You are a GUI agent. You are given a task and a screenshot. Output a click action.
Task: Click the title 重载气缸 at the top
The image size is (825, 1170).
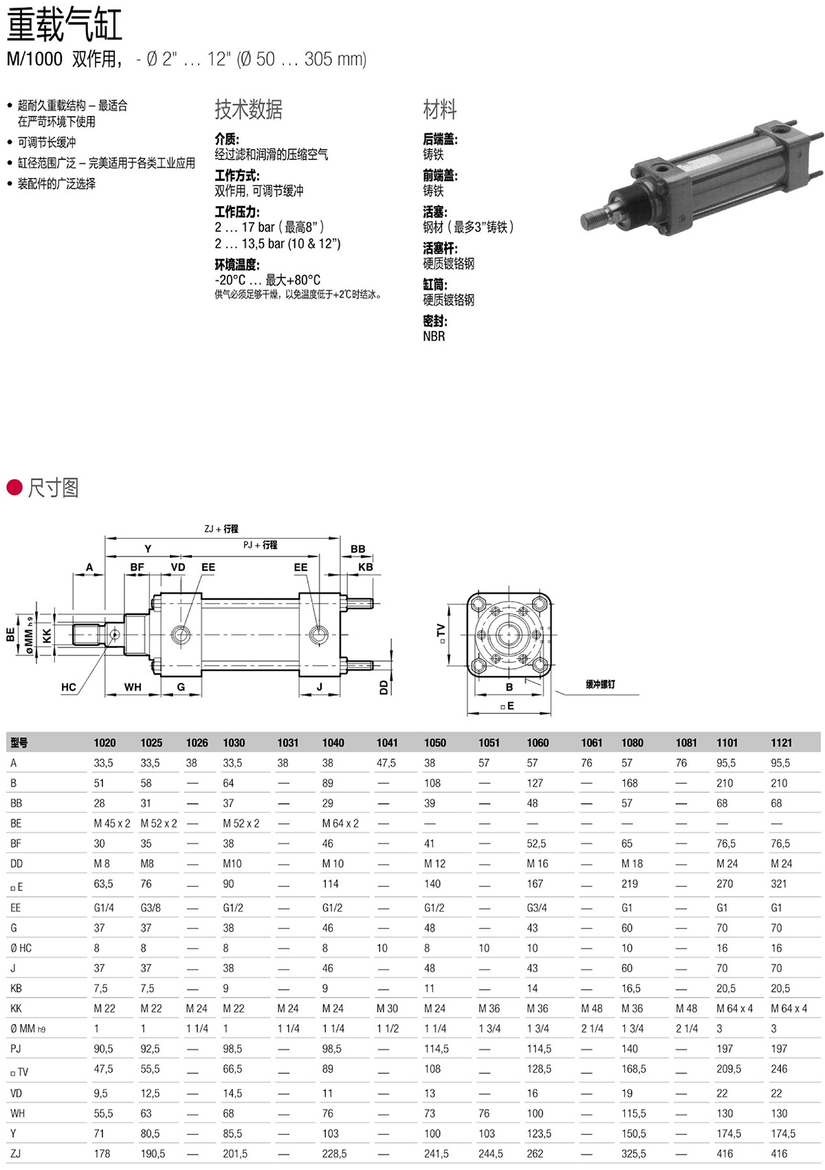[65, 24]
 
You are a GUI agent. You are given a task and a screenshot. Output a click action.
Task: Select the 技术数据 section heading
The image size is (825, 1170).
[248, 110]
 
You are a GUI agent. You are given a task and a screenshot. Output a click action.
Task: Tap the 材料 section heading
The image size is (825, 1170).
[440, 110]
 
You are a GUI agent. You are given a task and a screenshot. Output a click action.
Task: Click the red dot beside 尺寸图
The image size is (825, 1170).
[14, 487]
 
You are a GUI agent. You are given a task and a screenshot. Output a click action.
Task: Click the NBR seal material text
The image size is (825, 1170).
[434, 336]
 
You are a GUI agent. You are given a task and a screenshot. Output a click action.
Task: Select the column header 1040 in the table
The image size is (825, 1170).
[333, 743]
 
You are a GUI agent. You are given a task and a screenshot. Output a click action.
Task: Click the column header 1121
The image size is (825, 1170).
[782, 743]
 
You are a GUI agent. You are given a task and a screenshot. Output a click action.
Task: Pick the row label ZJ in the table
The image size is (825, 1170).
[16, 1153]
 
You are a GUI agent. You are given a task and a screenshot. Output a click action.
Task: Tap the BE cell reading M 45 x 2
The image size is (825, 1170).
[112, 823]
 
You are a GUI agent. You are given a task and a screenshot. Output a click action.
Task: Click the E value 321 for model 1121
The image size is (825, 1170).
[779, 884]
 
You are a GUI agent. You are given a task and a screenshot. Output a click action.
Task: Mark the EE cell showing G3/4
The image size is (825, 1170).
[537, 908]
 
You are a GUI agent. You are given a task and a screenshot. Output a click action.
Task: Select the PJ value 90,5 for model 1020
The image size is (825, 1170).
[104, 1048]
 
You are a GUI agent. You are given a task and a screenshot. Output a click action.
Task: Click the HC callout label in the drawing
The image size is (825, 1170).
[69, 687]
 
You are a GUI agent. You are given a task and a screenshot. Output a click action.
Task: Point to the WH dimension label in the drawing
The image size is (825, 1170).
[133, 687]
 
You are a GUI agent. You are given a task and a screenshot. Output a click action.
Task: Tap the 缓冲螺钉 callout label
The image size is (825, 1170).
[600, 684]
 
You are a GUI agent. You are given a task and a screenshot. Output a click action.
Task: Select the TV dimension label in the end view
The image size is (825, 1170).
[441, 633]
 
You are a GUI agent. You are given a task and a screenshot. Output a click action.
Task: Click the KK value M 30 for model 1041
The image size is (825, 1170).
[387, 1008]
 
